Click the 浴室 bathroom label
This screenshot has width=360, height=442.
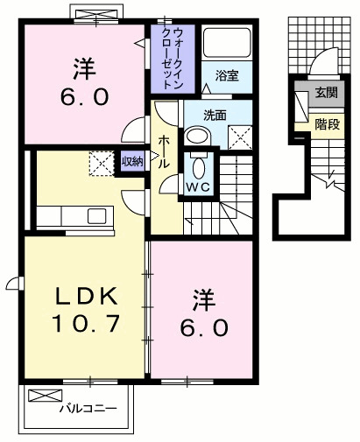(227, 77)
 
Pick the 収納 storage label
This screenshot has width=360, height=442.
(132, 161)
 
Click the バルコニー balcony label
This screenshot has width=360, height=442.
(87, 408)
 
